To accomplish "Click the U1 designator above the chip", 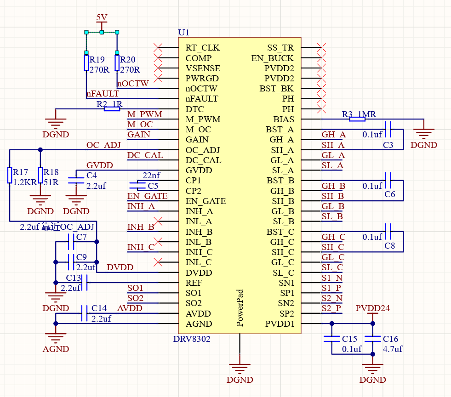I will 183,33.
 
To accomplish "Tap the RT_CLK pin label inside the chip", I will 202,48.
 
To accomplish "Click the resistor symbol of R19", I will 86,62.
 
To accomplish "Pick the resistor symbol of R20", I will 117,62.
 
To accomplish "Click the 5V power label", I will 102,17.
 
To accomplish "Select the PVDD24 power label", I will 372,308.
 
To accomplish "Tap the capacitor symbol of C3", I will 388,130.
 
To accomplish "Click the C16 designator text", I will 391,339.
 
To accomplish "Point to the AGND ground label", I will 56,349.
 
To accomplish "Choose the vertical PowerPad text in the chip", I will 240,308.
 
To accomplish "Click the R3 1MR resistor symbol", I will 357,119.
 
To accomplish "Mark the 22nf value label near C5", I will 151,176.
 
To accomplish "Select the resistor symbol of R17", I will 10,175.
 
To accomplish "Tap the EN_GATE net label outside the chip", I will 147,196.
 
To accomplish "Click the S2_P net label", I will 331,308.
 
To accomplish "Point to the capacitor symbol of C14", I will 84,313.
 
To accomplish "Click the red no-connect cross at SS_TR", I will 322,48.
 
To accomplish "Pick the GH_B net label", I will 333,186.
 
